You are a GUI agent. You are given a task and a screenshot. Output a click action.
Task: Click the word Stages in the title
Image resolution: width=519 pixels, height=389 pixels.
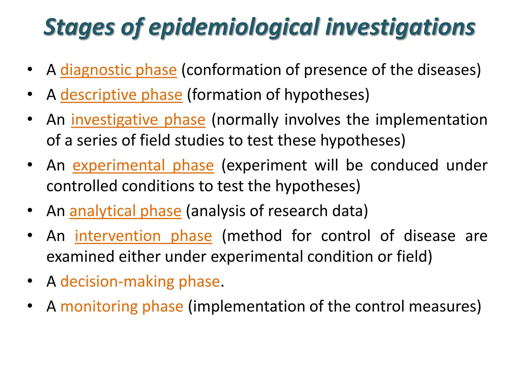pos(79,27)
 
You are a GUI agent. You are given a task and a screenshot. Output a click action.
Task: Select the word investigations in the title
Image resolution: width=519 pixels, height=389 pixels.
pos(400,27)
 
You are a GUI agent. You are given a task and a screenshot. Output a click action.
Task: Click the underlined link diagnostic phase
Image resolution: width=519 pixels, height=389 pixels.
pos(118,70)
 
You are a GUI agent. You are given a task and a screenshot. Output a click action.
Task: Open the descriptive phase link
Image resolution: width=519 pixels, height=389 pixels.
pos(121,95)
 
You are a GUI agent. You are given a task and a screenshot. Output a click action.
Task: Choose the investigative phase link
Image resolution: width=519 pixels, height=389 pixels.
pos(138,120)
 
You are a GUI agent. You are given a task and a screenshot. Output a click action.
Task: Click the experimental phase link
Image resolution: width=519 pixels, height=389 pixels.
pos(143,165)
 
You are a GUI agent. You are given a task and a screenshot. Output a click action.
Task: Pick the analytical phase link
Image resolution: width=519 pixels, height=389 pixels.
pos(125,211)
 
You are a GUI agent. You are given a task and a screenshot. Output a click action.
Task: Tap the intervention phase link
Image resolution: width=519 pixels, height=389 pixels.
pos(143,236)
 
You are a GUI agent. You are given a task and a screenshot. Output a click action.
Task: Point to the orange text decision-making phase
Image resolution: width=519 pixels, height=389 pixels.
pos(140,281)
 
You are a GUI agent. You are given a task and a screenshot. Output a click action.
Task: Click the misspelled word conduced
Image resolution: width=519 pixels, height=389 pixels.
pos(404,165)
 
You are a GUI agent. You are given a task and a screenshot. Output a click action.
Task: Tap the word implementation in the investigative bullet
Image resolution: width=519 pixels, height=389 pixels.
pos(431,120)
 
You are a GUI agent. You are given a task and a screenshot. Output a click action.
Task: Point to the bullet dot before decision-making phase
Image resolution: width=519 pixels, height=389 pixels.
pos(30,281)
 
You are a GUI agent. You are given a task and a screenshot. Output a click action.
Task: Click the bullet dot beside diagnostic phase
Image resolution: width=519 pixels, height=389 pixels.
pos(30,69)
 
